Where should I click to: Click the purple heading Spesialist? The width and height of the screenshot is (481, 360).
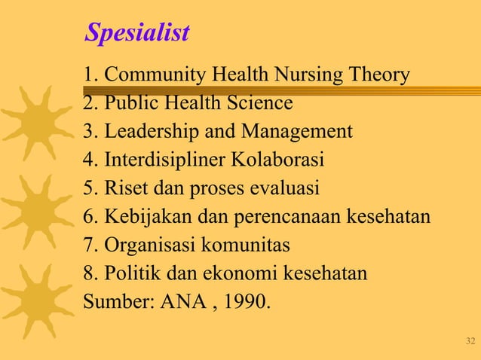[136, 33]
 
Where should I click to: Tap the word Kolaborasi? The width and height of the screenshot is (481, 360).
[283, 160]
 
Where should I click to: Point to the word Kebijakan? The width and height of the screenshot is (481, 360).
[148, 218]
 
